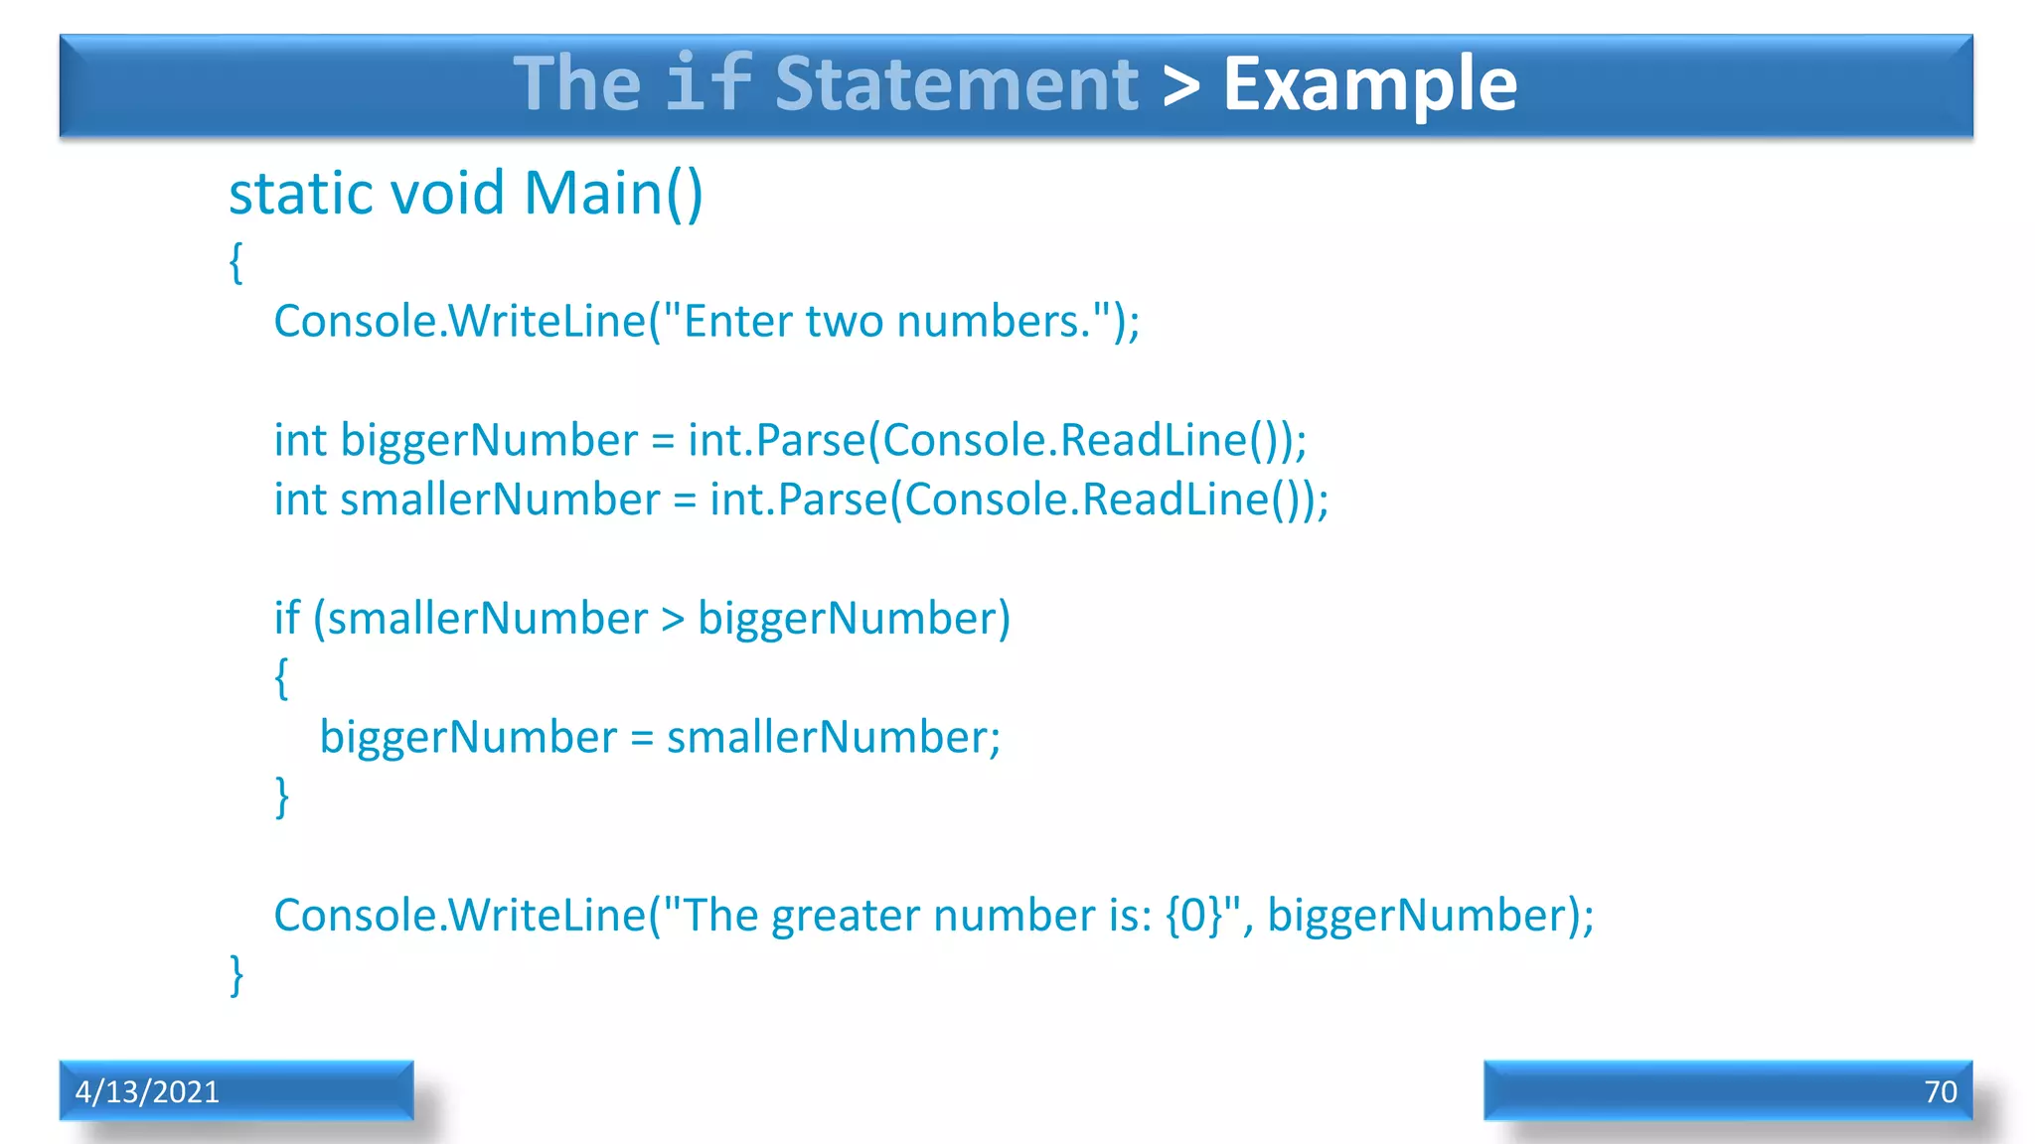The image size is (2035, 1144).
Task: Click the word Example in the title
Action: (x=1369, y=84)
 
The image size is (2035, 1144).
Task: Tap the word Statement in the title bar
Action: (x=956, y=84)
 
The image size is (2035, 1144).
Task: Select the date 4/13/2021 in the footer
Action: (x=147, y=1091)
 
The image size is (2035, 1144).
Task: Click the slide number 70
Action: (x=1940, y=1091)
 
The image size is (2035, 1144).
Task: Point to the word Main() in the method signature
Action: (x=613, y=193)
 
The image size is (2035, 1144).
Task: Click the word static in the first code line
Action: (x=302, y=193)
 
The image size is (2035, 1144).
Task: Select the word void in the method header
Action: (x=448, y=193)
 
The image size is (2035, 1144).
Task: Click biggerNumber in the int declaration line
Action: (x=489, y=440)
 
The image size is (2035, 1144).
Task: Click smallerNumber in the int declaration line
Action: (x=500, y=500)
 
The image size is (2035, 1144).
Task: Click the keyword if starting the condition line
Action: (x=286, y=618)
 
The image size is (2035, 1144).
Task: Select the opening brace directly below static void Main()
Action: (x=236, y=263)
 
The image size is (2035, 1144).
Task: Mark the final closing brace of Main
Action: (x=236, y=975)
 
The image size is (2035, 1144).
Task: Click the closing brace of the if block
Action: (x=282, y=796)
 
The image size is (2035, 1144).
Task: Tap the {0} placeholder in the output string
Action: (x=1193, y=916)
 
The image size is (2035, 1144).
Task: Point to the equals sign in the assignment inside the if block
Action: (x=642, y=738)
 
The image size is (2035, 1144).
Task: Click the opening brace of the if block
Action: (x=282, y=678)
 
